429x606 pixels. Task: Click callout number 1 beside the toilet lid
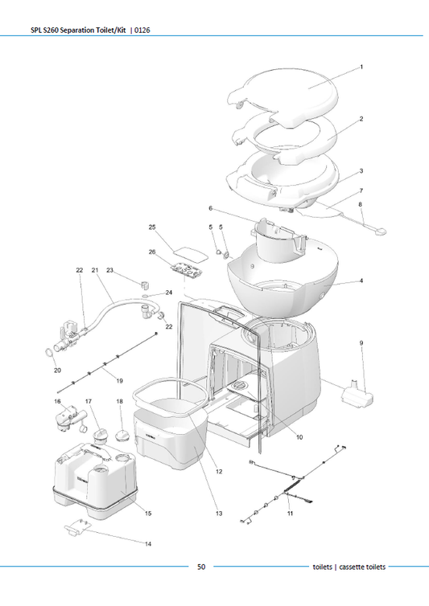(361, 68)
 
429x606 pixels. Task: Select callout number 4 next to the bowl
(361, 280)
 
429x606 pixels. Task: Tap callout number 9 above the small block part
(361, 343)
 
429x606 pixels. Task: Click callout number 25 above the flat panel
(151, 228)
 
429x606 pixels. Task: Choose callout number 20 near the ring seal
(57, 371)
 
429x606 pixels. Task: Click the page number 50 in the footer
(202, 567)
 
